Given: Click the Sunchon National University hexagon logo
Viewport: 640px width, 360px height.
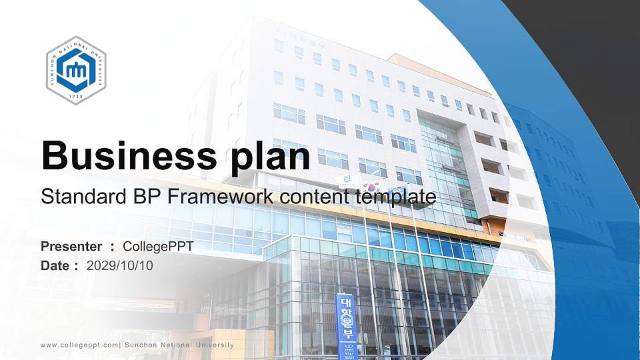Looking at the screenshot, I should tap(76, 70).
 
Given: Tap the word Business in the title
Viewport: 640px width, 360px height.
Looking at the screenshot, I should tap(125, 156).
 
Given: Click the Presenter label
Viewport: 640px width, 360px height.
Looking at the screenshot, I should tap(71, 247).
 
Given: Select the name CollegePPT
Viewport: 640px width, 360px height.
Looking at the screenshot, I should tap(158, 247).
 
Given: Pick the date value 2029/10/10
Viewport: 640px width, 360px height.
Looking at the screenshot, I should tap(119, 265).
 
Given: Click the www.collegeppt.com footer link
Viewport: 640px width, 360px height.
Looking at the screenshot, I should tap(79, 345).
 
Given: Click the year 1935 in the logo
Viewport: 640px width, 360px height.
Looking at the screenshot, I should tap(76, 96).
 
